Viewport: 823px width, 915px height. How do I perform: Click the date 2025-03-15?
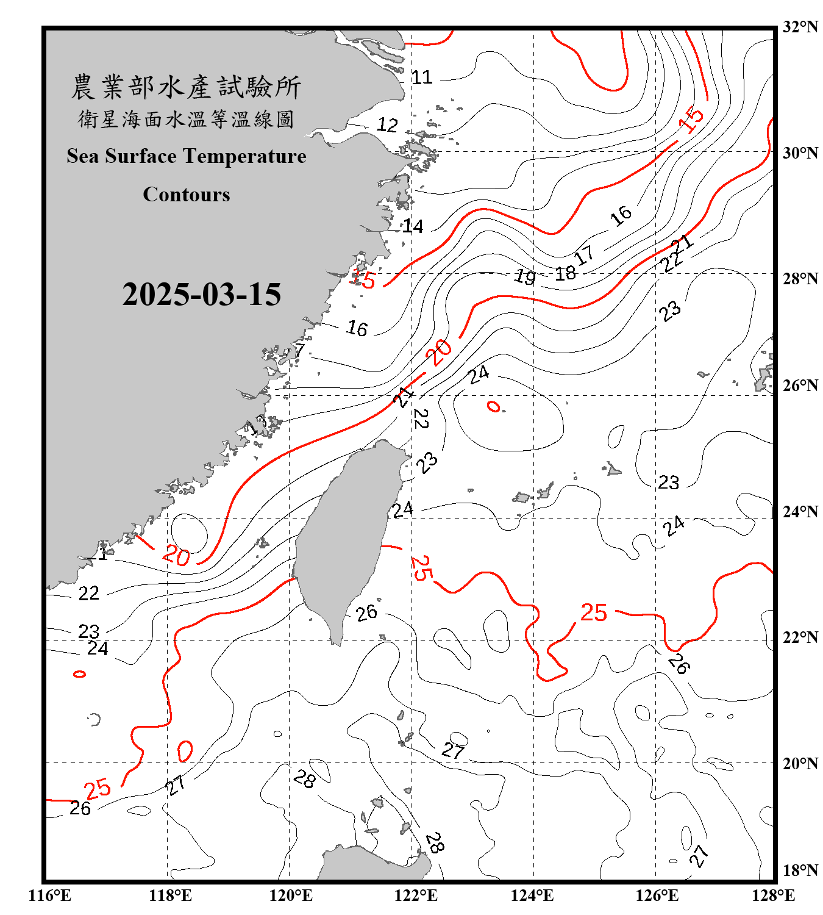pos(201,295)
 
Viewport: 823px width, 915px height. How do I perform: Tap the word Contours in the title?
pos(187,194)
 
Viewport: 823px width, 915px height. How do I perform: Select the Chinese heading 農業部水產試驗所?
pos(186,87)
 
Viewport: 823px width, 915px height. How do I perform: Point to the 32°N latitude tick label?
pos(800,27)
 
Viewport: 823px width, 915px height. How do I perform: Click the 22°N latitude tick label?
pos(800,637)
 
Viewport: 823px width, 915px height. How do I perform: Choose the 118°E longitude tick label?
pos(170,895)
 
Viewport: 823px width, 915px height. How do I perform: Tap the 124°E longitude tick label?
pos(532,895)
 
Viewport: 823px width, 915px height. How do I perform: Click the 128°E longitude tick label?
pos(773,895)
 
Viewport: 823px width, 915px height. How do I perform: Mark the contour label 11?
pos(422,77)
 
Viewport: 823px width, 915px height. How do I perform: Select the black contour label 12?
pos(387,125)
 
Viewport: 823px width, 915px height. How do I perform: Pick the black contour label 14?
pos(413,226)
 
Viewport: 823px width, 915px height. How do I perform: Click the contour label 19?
pos(525,276)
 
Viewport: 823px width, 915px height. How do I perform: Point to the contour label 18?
pos(565,273)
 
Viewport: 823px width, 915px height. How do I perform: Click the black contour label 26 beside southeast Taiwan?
pos(366,613)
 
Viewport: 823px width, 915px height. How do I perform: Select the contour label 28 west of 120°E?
pos(304,778)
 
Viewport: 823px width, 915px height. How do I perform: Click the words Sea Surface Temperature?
pos(187,156)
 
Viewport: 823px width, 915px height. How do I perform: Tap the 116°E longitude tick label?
pos(50,895)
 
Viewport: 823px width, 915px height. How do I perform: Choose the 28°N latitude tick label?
pos(800,279)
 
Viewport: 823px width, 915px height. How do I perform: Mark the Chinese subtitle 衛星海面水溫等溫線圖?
pos(186,119)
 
